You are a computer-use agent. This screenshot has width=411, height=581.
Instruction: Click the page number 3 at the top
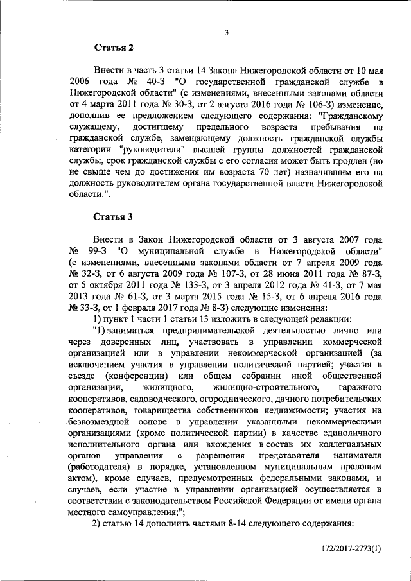point(227,33)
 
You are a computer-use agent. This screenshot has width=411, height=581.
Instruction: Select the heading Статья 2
point(114,48)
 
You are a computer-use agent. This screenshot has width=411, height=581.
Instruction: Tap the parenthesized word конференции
point(144,376)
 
